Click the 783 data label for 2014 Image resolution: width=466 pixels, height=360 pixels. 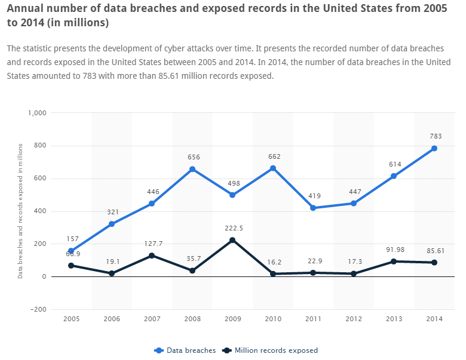point(436,136)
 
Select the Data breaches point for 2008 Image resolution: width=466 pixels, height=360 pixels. point(192,169)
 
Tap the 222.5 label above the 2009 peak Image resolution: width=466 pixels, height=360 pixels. point(232,228)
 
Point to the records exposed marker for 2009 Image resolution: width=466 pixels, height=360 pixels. point(232,240)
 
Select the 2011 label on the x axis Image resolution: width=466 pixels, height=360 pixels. point(313,319)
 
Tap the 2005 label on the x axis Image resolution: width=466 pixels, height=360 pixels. point(71,319)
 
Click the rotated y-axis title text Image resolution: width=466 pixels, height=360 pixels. point(20,211)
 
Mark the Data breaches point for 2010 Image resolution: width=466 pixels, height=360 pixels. point(273,168)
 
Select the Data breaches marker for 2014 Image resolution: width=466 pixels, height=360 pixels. point(434,148)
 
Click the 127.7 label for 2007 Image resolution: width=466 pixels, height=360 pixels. point(152,244)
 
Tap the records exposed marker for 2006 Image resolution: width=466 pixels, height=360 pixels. point(112,273)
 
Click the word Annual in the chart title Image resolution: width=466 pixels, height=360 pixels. point(25,8)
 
